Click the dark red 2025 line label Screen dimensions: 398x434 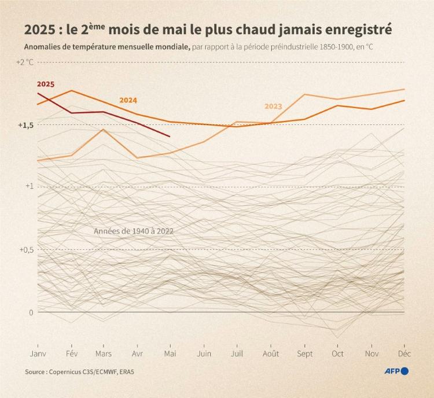point(46,84)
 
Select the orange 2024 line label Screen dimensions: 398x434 point(128,100)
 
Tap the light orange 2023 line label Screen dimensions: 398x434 point(273,106)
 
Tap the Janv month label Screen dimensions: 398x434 point(38,353)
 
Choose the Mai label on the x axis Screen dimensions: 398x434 point(170,353)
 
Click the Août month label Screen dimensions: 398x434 point(270,353)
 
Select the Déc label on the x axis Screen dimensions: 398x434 point(404,353)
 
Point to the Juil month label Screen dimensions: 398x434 point(237,353)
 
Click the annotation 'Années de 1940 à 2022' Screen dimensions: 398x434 point(134,231)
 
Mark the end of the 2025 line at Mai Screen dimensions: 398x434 point(170,137)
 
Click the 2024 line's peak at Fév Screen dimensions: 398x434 point(71,90)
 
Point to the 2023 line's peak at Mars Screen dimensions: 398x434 point(103,129)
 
